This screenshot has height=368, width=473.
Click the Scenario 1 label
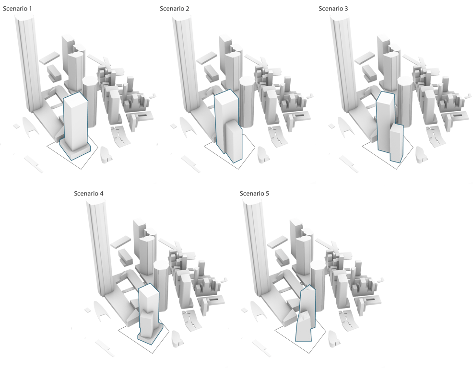pyautogui.click(x=17, y=9)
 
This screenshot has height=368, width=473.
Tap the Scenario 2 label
pyautogui.click(x=174, y=9)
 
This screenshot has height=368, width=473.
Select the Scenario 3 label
pyautogui.click(x=333, y=9)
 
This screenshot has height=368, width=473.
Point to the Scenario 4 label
pyautogui.click(x=89, y=194)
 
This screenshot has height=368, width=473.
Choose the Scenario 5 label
pyautogui.click(x=254, y=194)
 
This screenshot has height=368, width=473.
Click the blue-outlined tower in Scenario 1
pyautogui.click(x=75, y=124)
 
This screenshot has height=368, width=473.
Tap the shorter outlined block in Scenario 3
pyautogui.click(x=397, y=143)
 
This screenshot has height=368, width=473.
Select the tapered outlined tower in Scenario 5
pyautogui.click(x=305, y=313)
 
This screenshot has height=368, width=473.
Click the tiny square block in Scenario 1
pyautogui.click(x=16, y=126)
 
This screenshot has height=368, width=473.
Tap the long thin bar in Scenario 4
pyautogui.click(x=105, y=348)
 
